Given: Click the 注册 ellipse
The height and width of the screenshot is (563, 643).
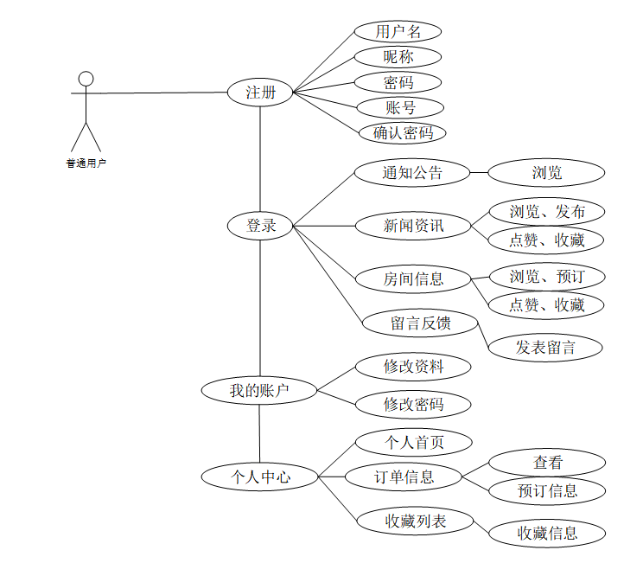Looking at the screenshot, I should click(260, 92).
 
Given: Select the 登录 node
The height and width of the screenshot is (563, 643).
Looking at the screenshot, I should click(260, 226).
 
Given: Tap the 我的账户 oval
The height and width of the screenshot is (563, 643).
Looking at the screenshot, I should click(259, 391).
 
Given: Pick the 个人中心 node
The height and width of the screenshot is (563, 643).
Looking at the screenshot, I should click(259, 476).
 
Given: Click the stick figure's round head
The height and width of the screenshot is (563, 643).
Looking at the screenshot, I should click(85, 80).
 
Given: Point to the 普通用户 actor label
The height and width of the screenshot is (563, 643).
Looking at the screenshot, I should click(86, 162).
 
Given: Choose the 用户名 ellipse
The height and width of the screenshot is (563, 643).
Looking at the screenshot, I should click(398, 32).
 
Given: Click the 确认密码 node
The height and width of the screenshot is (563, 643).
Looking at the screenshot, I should click(403, 133).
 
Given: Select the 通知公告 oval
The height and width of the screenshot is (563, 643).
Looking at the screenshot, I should click(412, 172).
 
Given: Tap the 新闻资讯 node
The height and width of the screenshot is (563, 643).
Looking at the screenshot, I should click(413, 226).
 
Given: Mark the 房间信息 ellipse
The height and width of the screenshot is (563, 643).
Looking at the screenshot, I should click(413, 278).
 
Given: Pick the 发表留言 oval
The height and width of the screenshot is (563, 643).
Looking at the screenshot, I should click(545, 348).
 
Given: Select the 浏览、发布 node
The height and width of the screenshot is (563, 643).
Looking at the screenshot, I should click(546, 211).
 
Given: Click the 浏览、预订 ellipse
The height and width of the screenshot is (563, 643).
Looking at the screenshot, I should click(546, 277).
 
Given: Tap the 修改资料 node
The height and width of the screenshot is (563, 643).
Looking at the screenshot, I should click(413, 367).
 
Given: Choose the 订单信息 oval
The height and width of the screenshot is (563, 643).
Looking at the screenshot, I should click(404, 476).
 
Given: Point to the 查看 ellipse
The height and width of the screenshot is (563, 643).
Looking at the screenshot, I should click(546, 463).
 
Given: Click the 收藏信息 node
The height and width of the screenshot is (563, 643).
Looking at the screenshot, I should click(546, 533).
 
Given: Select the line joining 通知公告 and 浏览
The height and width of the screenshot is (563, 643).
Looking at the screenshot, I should click(479, 172).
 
